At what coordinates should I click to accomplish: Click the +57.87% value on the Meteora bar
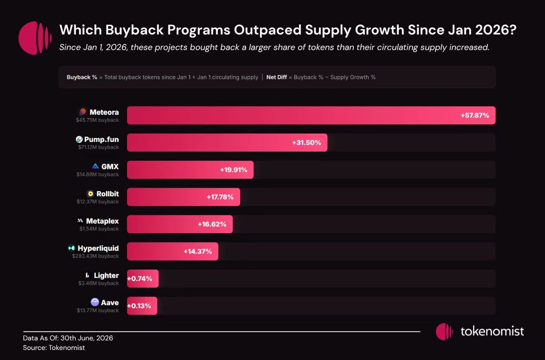coord(475,115)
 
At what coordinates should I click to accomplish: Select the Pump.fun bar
coord(227,142)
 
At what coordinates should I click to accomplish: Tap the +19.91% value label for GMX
coord(233,170)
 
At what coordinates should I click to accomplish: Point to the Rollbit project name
coord(108,194)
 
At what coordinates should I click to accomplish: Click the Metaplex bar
coord(180,224)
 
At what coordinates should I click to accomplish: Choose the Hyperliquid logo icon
coord(71,248)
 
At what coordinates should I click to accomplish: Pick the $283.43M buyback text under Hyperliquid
coord(95,256)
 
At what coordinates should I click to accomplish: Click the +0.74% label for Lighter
coord(140,278)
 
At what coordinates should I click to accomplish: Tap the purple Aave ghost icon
coord(94,302)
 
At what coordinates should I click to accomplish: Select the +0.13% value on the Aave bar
coord(139,306)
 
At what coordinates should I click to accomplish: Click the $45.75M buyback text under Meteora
coord(97,120)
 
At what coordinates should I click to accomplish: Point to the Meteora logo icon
coord(83,112)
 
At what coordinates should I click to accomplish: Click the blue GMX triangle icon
coord(95,166)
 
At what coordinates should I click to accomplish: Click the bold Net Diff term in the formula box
coord(277,77)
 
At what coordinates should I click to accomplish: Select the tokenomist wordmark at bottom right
coord(492,331)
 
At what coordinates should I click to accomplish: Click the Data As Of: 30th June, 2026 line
coord(68,338)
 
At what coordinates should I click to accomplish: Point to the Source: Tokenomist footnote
coord(54,348)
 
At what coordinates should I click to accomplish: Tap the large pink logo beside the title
coord(35,38)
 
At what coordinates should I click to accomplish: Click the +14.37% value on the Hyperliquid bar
coord(198,251)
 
